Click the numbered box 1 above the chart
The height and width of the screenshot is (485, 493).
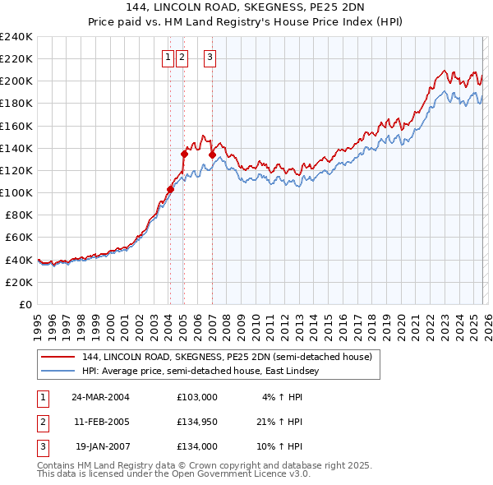[168, 57]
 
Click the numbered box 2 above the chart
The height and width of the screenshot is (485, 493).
[182, 57]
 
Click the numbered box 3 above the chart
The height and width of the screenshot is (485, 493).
[210, 57]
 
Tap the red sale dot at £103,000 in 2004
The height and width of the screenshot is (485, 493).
[170, 189]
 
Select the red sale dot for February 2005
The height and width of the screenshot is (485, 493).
[184, 154]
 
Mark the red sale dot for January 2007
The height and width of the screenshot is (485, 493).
[212, 155]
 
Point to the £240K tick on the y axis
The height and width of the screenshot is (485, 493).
[16, 37]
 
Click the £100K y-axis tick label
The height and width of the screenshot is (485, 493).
[16, 192]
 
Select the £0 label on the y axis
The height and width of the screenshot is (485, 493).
[24, 304]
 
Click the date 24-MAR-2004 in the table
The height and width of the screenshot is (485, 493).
[100, 396]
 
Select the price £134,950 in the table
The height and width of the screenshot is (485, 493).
[197, 422]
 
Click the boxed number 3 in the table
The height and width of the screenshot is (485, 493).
[42, 447]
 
